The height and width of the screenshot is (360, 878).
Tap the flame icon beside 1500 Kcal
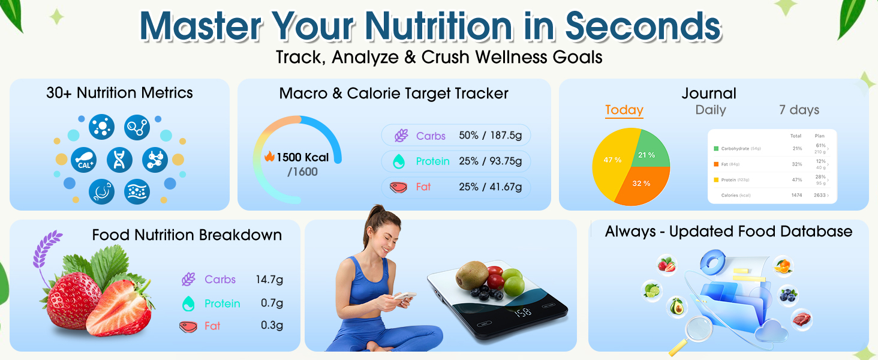[269, 157]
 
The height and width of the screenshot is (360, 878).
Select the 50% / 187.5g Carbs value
[491, 136]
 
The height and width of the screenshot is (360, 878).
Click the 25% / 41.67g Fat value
[491, 187]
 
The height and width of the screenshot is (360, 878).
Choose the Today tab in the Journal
[624, 110]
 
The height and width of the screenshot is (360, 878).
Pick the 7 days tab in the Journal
[799, 110]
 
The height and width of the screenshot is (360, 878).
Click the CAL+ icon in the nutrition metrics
[84, 160]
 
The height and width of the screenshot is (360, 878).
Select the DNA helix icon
[119, 160]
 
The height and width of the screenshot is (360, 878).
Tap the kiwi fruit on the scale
[471, 275]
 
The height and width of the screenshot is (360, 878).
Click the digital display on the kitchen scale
[522, 312]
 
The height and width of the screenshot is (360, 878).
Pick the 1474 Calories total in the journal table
[796, 195]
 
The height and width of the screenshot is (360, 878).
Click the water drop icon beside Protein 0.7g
[188, 304]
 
